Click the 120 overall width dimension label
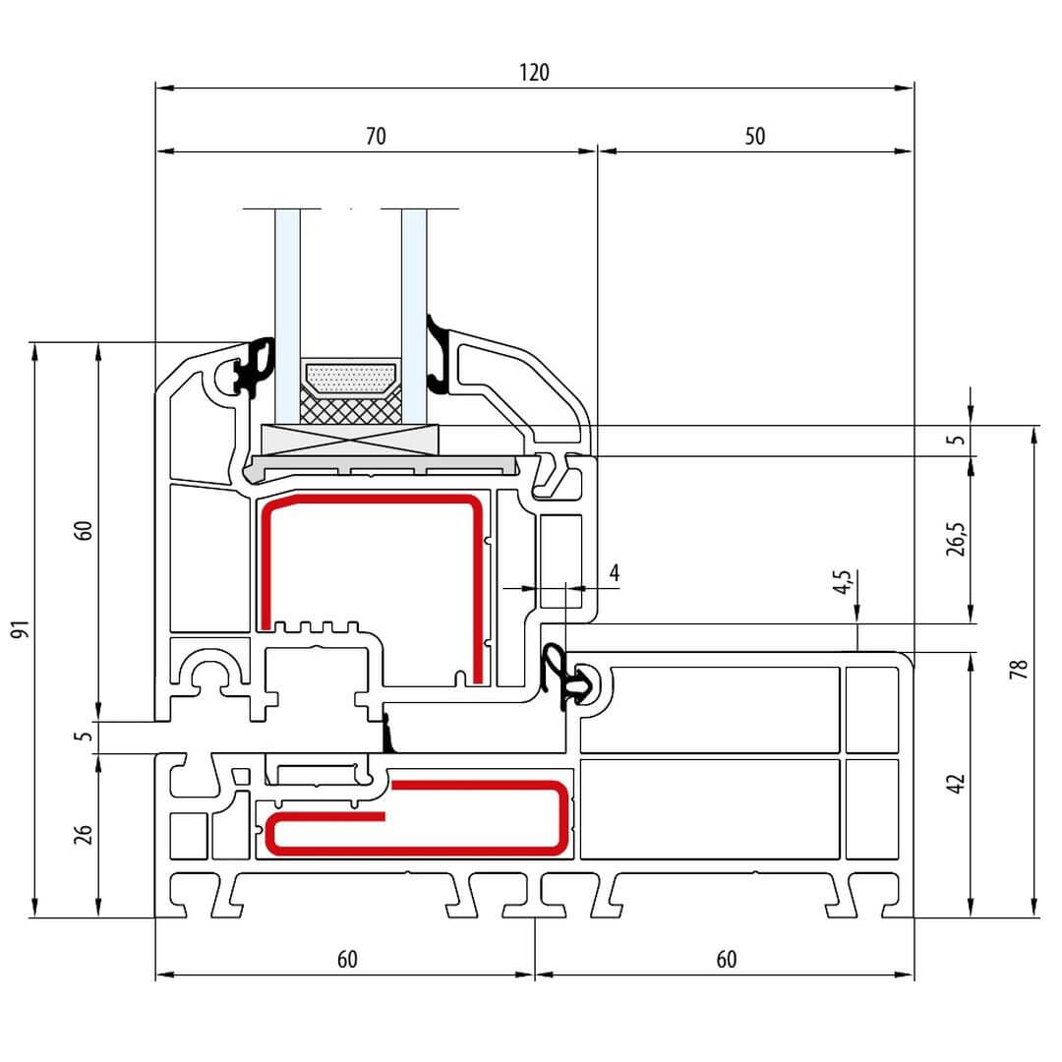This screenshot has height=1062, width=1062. coord(535,72)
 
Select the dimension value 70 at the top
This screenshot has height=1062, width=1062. coord(376,136)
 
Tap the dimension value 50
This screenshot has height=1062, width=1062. coord(754,136)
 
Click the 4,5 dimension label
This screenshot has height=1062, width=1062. coord(842,584)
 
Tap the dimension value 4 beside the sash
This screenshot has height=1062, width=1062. coord(615,572)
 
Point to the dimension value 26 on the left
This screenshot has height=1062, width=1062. coord(85,834)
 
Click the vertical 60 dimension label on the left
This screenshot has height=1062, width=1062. coord(85,530)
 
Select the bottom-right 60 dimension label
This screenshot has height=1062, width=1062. coord(726,960)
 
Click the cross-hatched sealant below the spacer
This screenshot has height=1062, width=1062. coord(350,409)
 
